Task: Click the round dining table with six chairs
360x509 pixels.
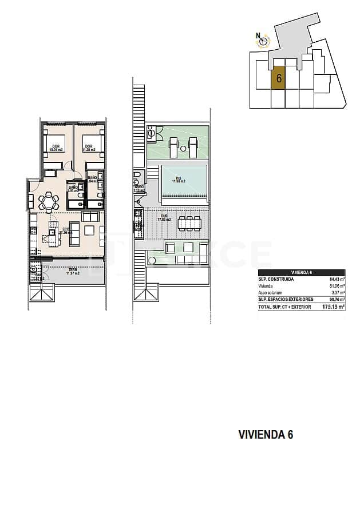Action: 48,201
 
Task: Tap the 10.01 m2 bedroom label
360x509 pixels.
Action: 56,148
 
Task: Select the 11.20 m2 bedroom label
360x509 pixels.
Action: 89,148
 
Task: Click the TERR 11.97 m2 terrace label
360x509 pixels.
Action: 72,272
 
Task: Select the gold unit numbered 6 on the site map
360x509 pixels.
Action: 278,78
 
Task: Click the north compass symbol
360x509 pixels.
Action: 261,39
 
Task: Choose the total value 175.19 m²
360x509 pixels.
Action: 334,307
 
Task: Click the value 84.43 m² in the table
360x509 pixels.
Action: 336,280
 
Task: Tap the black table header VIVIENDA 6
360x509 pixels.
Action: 302,273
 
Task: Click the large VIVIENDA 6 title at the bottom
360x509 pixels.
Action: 266,435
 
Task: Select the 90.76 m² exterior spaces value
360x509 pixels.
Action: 336,299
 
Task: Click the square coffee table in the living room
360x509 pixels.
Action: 89,230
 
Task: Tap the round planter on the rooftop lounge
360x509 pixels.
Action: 189,248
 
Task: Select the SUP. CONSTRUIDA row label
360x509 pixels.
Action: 276,280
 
